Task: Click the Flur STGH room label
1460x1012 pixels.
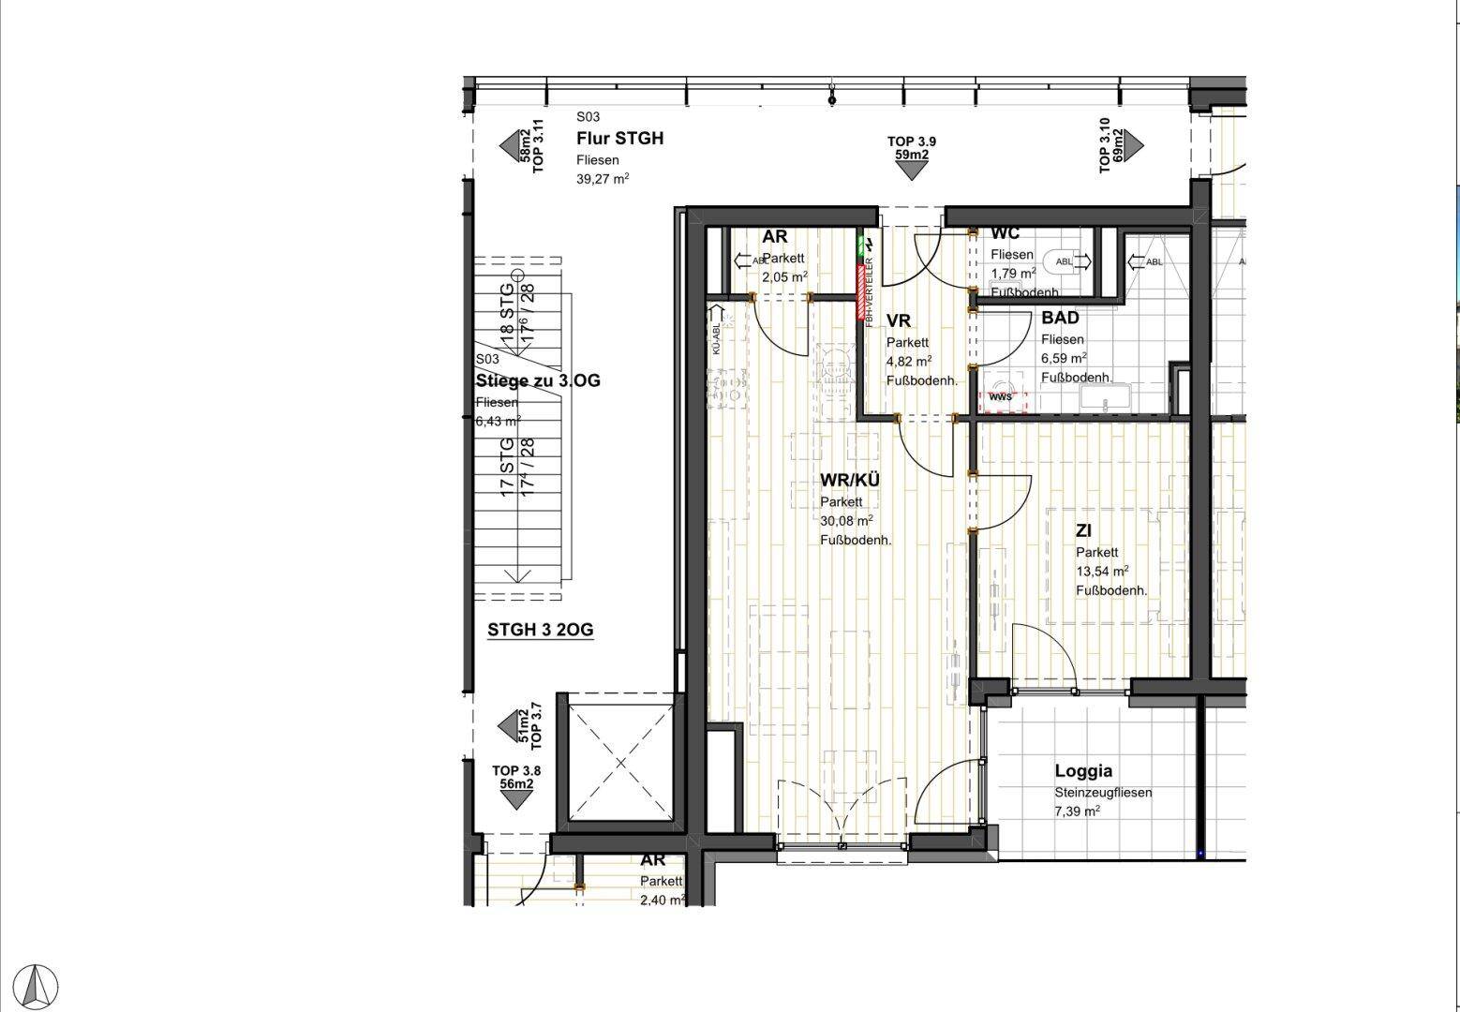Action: coord(619,139)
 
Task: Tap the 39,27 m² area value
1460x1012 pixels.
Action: coord(602,180)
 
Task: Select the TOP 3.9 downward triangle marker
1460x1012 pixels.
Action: coord(911,170)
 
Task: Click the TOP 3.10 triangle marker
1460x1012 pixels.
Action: coord(1134,144)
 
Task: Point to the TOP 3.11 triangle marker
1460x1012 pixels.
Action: coord(509,144)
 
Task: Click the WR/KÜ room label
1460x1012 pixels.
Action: coord(850,481)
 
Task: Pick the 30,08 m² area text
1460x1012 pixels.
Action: coord(846,521)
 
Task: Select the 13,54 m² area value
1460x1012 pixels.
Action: coord(1102,571)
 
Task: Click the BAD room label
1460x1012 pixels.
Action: coord(1060,319)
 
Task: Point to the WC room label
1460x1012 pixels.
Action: coord(1006,233)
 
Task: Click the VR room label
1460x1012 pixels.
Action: coord(898,321)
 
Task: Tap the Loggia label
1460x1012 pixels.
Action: coord(1083,771)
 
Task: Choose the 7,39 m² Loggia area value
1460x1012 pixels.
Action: coord(1077,811)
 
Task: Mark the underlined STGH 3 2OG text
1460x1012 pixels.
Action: coord(540,630)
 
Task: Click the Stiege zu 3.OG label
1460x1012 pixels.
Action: coord(538,380)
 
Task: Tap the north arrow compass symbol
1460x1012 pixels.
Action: coord(38,986)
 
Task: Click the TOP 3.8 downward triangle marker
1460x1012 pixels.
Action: coord(516,799)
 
